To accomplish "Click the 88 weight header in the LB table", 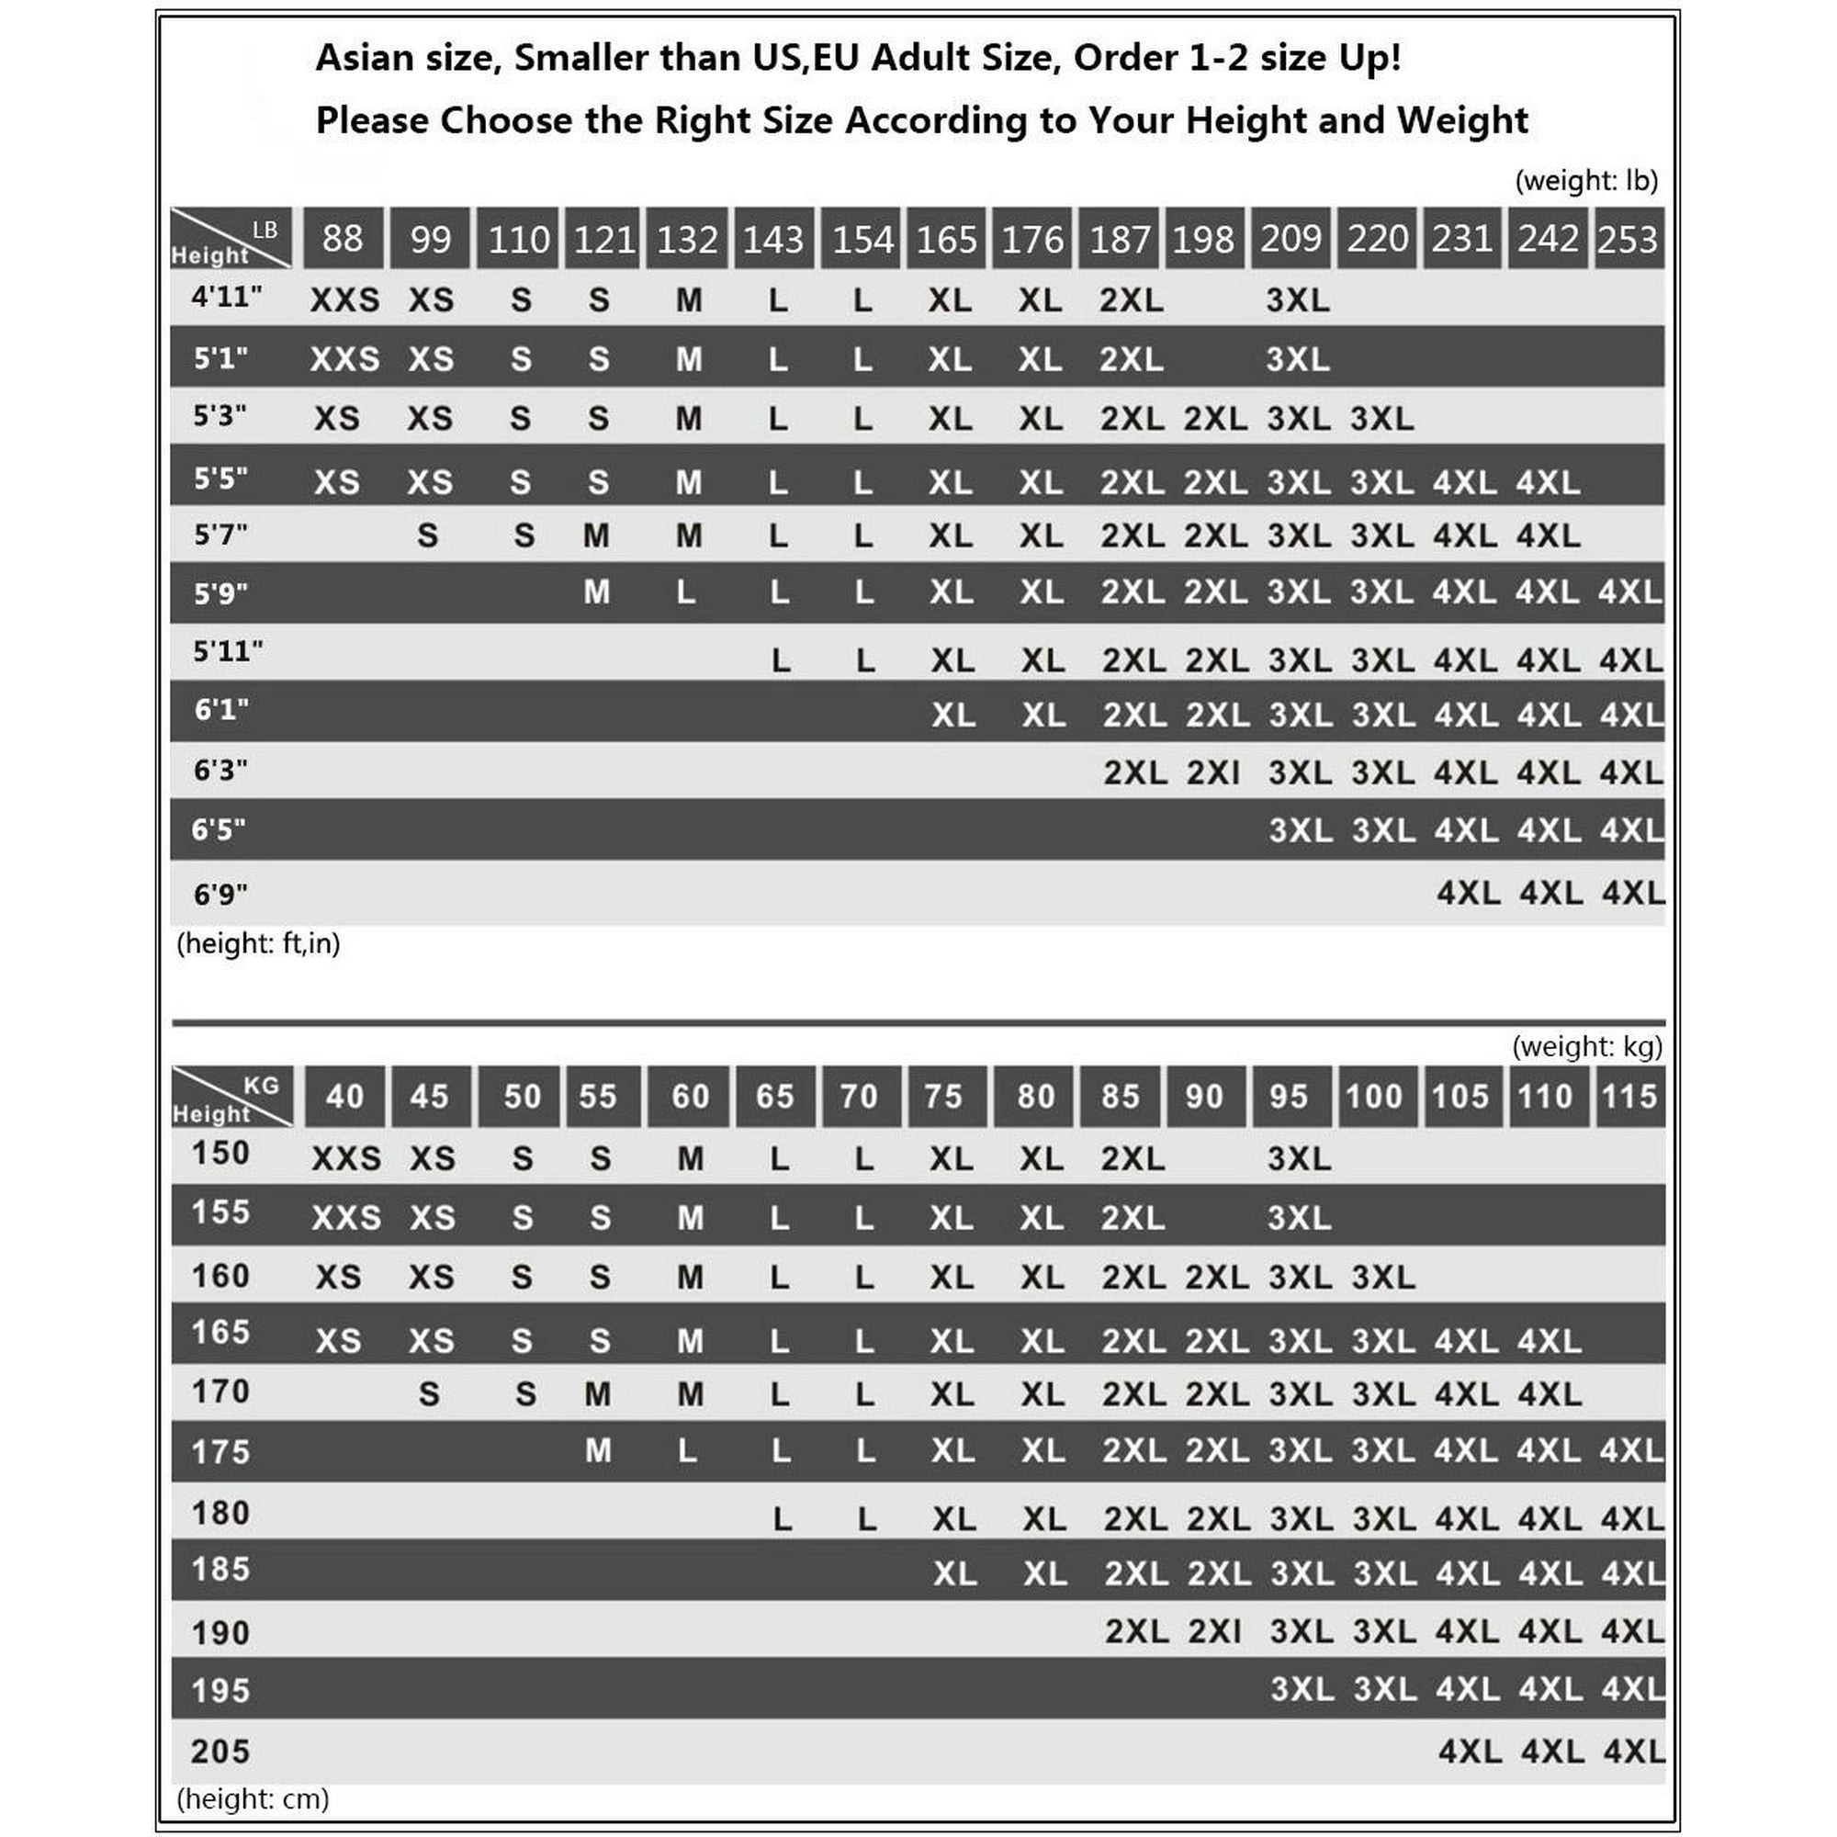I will coord(343,239).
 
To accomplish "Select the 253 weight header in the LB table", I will coord(1628,239).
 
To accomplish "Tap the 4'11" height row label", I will coord(226,298).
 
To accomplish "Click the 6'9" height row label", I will coord(220,894).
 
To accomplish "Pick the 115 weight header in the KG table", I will coord(1629,1097).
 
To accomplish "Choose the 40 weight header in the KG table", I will coord(344,1097).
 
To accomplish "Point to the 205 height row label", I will coord(220,1752).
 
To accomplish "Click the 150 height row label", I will coord(220,1154).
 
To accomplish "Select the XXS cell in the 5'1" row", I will coord(344,359).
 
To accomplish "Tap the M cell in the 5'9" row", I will coord(596,592).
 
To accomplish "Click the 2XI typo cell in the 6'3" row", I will coord(1213,772).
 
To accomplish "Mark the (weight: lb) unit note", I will coord(1586,181).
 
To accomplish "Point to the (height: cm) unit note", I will coord(253,1799).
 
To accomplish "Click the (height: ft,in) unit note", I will coord(259,943).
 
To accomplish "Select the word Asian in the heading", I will coord(362,58).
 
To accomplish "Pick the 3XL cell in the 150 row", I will coord(1299,1159).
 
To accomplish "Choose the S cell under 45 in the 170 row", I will coord(429,1395).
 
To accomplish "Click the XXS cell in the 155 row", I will coord(346,1218).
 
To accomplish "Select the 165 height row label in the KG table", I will coord(220,1332).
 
